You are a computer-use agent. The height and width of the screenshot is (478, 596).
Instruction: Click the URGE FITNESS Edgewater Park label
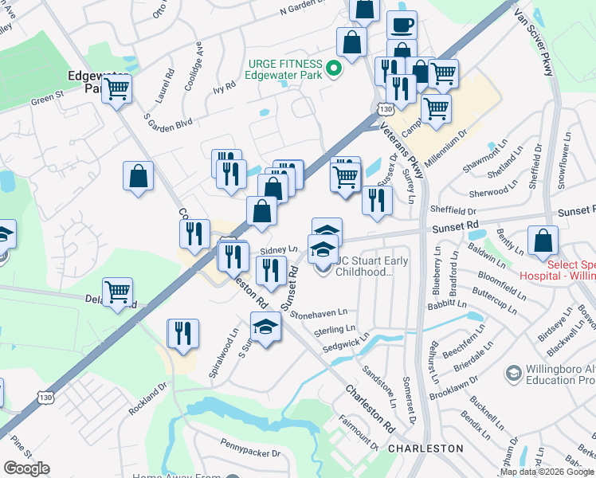(284, 69)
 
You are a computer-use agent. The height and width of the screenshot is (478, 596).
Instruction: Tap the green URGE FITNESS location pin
(335, 69)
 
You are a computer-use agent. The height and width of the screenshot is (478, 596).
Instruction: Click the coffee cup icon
(402, 25)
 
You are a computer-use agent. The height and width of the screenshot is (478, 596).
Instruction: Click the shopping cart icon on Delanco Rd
(117, 292)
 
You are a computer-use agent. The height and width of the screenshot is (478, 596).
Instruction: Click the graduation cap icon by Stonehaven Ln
(266, 326)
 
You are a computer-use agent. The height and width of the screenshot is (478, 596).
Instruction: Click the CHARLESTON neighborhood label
(425, 449)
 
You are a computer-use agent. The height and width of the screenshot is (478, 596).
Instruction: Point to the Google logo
(27, 468)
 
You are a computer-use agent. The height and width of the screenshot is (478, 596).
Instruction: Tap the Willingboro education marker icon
(512, 373)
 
